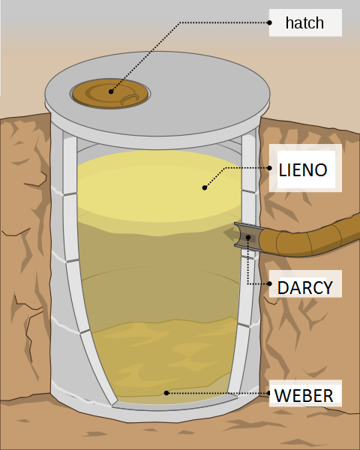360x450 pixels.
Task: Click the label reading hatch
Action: [304, 23]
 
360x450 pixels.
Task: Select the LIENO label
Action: [303, 170]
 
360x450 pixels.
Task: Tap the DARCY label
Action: [305, 287]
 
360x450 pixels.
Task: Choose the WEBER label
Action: [304, 395]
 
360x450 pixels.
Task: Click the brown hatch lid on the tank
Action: [110, 94]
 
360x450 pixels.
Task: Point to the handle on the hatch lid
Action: [130, 99]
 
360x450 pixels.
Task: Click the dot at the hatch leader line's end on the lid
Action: [111, 91]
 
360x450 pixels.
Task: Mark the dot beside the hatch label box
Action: [269, 22]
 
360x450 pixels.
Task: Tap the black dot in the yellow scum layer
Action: [205, 187]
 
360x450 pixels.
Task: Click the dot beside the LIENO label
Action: [269, 168]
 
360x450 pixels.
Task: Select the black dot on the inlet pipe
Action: [248, 237]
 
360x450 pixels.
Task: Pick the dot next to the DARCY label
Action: [269, 283]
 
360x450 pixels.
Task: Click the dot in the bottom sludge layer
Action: [166, 393]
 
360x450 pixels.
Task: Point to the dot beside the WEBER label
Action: [269, 393]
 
